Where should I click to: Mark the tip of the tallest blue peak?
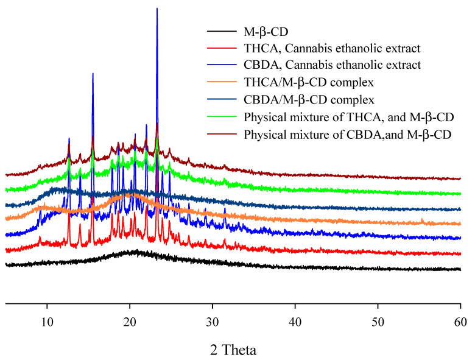pos(157,9)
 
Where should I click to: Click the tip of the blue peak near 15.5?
pos(93,73)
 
